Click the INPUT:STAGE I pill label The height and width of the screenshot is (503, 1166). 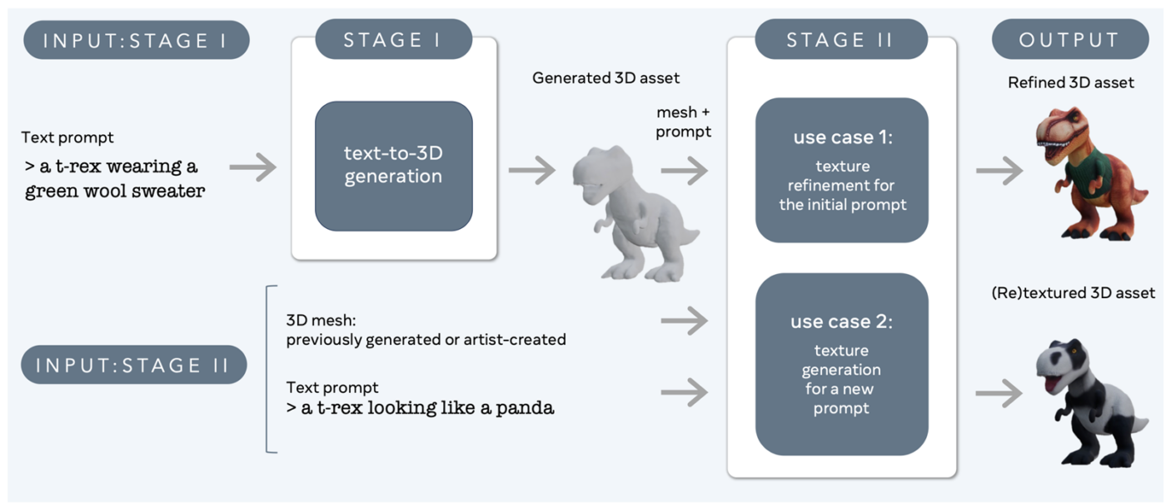pyautogui.click(x=137, y=39)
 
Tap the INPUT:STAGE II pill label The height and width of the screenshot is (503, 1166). pyautogui.click(x=134, y=365)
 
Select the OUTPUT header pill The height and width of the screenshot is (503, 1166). pyautogui.click(x=1069, y=39)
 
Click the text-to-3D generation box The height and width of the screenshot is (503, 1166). pyautogui.click(x=393, y=166)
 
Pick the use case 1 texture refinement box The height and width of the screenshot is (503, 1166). pyautogui.click(x=841, y=170)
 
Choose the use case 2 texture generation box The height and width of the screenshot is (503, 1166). pyautogui.click(x=841, y=364)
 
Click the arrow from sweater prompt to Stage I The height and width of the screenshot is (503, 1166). pyautogui.click(x=253, y=167)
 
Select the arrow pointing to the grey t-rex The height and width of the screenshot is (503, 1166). pyautogui.click(x=531, y=171)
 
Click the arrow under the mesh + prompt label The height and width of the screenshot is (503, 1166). pyautogui.click(x=684, y=171)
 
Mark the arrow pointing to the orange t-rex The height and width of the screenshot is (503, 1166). pyautogui.click(x=999, y=171)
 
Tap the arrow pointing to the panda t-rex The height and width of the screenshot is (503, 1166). pyautogui.click(x=999, y=393)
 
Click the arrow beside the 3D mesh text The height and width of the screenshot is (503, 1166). pyautogui.click(x=684, y=321)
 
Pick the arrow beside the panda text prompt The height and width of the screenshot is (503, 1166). pyautogui.click(x=684, y=392)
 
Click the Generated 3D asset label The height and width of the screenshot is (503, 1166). pyautogui.click(x=605, y=78)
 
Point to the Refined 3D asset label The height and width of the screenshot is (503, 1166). pyautogui.click(x=1070, y=82)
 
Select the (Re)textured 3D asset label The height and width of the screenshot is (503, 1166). pyautogui.click(x=1073, y=292)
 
